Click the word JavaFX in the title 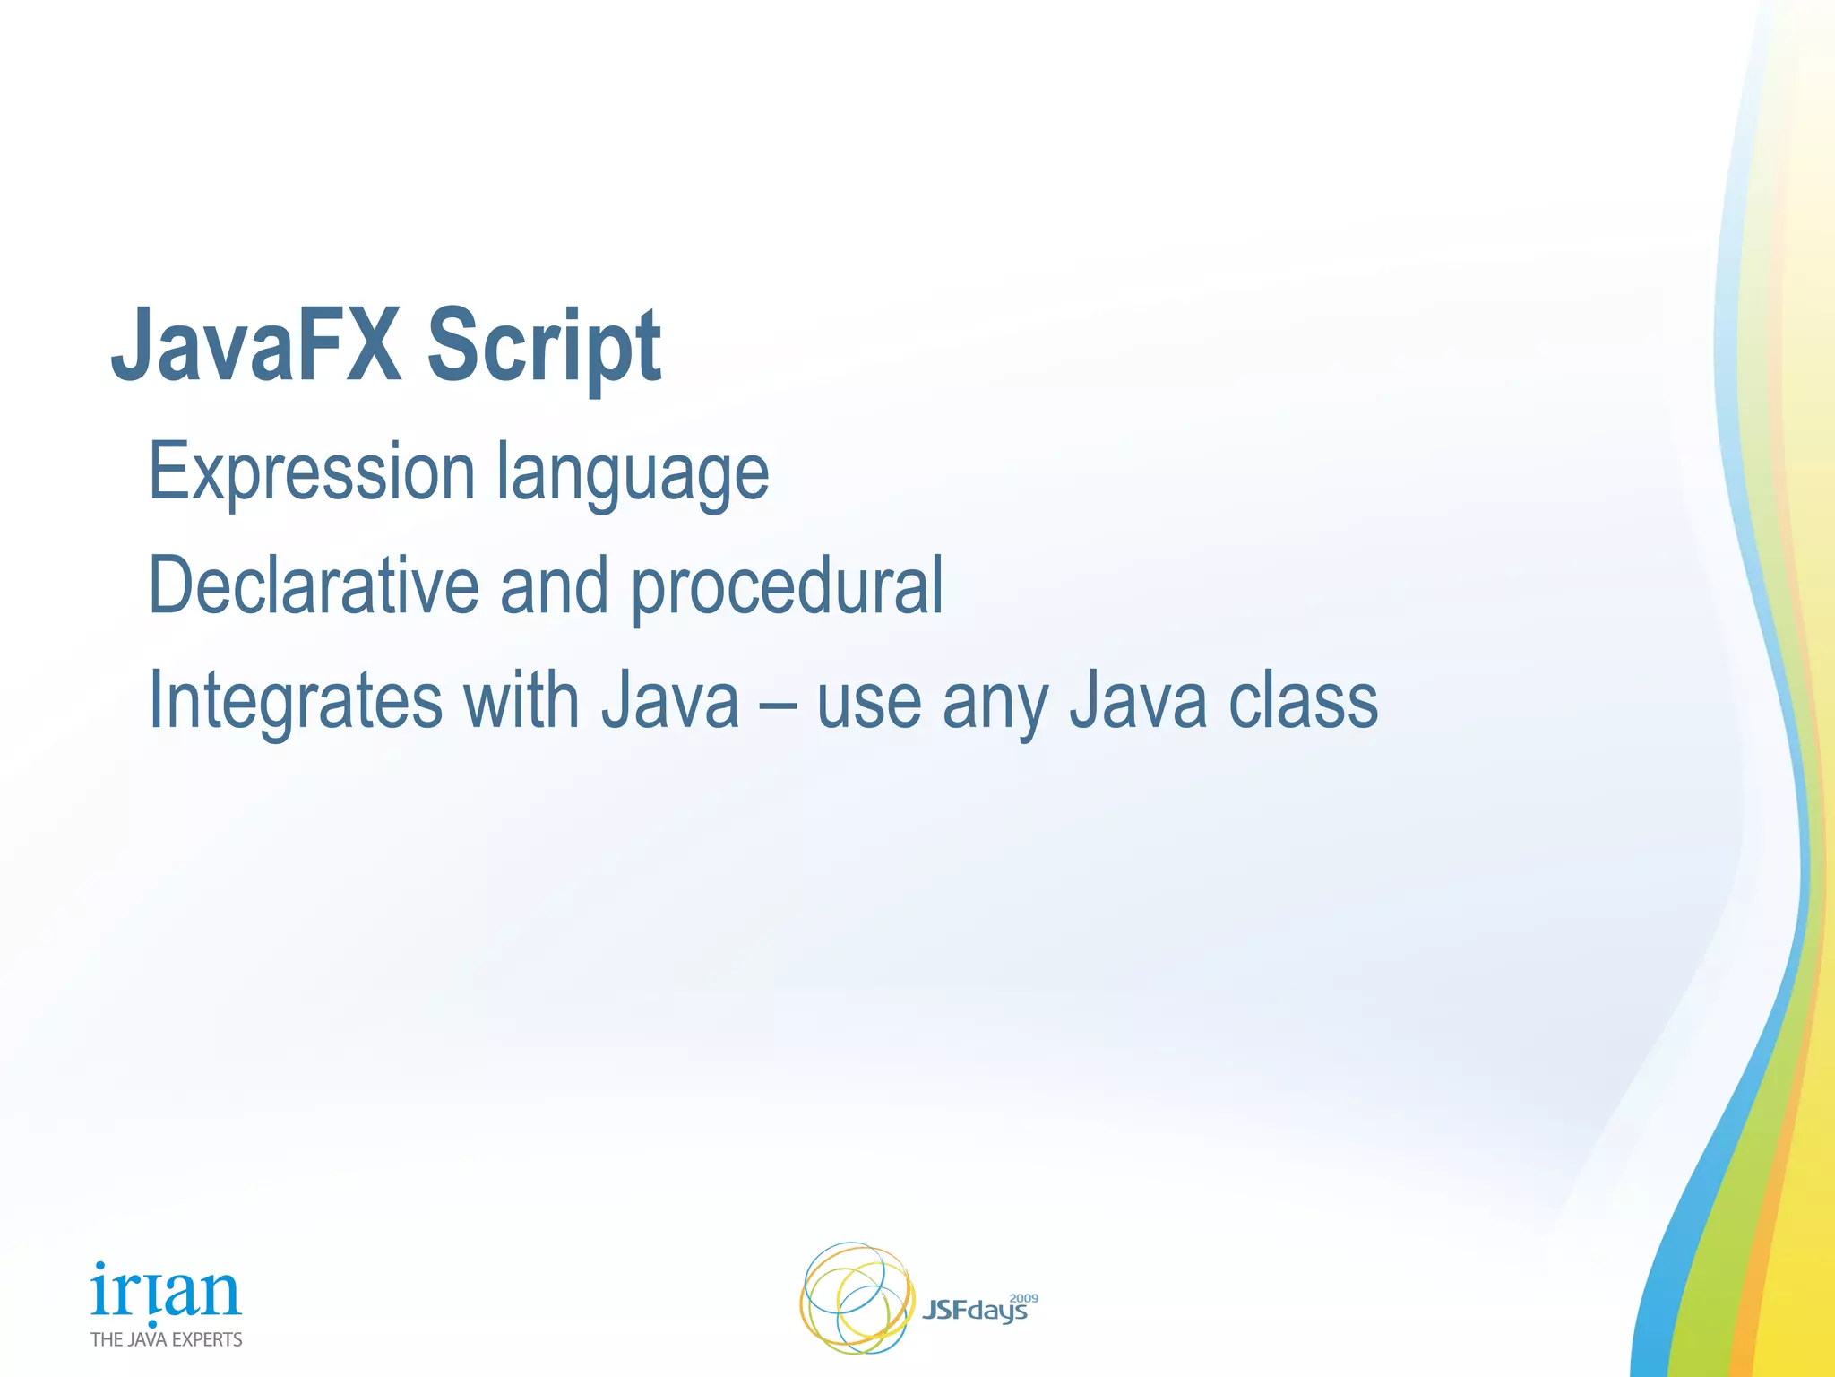(x=255, y=346)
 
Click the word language (x=633, y=475)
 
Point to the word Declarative (x=314, y=585)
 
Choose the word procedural (x=787, y=588)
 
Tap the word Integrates (x=295, y=702)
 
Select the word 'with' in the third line (x=521, y=700)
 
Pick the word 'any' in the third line (x=995, y=705)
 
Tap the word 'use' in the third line (x=868, y=705)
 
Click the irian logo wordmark (x=166, y=1292)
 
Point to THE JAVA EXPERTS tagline (x=167, y=1339)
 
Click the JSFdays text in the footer (x=974, y=1312)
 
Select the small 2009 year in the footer (x=1024, y=1298)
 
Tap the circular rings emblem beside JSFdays (x=856, y=1297)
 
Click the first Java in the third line (x=669, y=700)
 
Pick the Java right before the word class (x=1138, y=700)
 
